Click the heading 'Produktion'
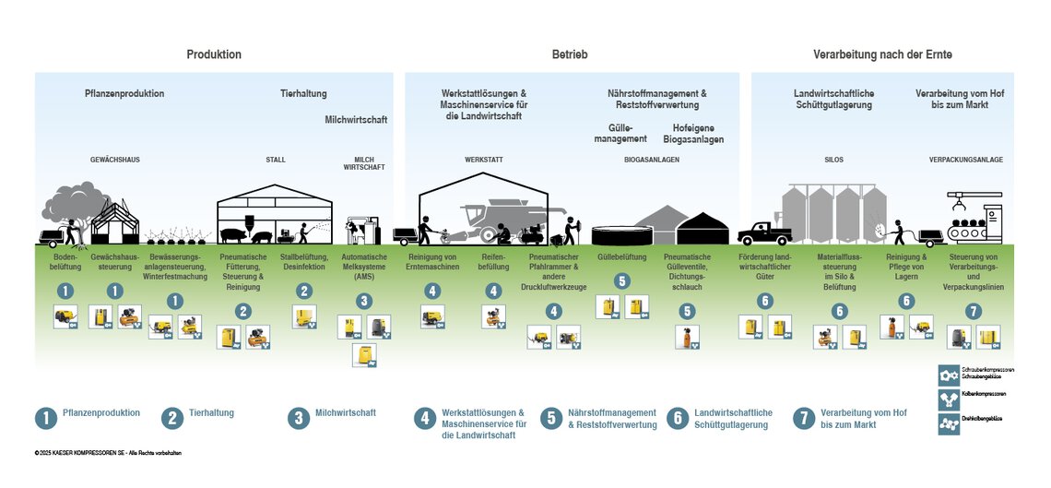coord(214,54)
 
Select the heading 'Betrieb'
coord(570,54)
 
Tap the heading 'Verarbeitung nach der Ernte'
coord(882,54)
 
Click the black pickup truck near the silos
coord(764,233)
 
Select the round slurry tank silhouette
coord(621,234)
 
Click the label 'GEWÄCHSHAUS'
coord(114,160)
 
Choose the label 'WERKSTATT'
coord(483,160)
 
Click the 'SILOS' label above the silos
coord(833,160)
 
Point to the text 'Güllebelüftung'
coord(622,257)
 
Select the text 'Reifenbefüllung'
coord(495,262)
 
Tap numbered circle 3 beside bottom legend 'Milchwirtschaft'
coord(298,418)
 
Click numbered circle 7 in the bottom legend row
coord(803,418)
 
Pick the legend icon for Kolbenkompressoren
coord(949,399)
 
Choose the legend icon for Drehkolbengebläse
coord(949,423)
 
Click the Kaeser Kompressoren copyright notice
coord(107,453)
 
